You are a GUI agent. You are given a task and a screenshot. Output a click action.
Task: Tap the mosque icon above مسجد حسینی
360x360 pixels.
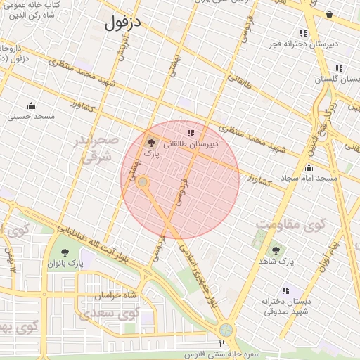click(31, 105)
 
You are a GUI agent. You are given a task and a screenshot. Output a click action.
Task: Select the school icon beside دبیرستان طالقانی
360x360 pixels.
click(190, 132)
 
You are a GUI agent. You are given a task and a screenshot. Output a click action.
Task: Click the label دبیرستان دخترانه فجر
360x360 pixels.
click(302, 44)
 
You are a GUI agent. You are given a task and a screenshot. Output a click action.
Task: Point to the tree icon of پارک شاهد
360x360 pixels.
click(275, 250)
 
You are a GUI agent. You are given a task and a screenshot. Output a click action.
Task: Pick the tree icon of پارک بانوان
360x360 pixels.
click(65, 252)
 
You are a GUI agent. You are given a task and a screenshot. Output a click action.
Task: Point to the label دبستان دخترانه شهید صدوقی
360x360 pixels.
click(285, 306)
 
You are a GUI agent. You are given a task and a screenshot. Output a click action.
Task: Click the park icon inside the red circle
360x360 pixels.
click(150, 141)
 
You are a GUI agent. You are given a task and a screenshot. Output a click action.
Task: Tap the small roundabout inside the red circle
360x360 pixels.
click(143, 183)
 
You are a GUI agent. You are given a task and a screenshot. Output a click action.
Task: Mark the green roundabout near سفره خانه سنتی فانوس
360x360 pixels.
click(226, 329)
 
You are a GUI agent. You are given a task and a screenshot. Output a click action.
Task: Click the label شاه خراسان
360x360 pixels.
click(114, 295)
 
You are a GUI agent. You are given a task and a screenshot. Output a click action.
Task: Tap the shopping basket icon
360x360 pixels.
click(329, 14)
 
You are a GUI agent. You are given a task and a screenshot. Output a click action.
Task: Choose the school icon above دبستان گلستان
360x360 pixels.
click(339, 69)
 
